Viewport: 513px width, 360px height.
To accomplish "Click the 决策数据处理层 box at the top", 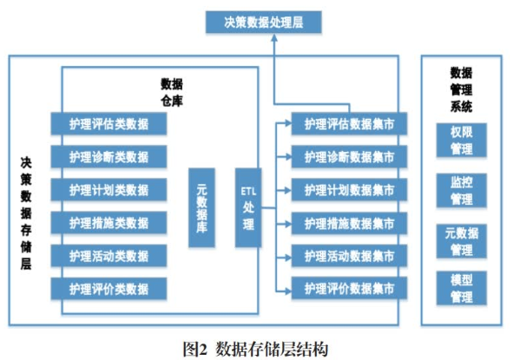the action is [x=263, y=23].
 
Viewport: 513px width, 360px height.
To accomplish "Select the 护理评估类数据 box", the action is [x=109, y=123].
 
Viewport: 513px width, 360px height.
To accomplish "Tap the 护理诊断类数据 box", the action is [x=109, y=157].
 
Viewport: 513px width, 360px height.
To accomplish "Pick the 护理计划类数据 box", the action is [x=109, y=190].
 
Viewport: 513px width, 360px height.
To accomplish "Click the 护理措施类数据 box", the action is [x=109, y=223].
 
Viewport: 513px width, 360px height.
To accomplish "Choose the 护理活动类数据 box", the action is [x=109, y=256].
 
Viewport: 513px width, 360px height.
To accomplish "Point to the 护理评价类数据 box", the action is [x=109, y=289].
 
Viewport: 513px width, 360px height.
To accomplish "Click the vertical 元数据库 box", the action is [x=201, y=207].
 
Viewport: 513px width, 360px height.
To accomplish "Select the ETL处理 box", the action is [x=248, y=207].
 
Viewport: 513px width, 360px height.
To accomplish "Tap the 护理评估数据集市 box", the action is [x=349, y=123].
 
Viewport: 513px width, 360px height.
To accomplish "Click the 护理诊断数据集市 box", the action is [x=349, y=157].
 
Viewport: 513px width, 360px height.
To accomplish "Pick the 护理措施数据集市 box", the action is [x=349, y=223].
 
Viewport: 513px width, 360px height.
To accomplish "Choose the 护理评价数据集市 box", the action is [x=349, y=288].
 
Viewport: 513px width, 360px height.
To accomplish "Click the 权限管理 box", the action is [x=461, y=141].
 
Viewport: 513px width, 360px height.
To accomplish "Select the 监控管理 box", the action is [x=461, y=191].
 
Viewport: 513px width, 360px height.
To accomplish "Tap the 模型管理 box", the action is [x=461, y=288].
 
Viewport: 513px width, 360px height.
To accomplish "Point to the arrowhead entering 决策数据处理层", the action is [x=274, y=37].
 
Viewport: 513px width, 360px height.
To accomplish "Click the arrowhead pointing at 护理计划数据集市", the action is [x=287, y=190].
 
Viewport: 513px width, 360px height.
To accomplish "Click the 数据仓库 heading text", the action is [x=172, y=93].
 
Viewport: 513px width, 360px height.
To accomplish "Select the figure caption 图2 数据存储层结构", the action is [x=255, y=349].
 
